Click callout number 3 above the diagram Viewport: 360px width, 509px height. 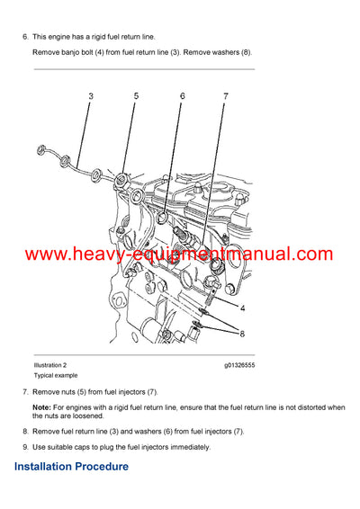coord(91,95)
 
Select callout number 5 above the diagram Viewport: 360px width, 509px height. coord(136,95)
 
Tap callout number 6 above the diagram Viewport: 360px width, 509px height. coord(182,95)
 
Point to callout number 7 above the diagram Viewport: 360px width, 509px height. coord(226,95)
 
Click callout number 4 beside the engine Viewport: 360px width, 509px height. coord(242,308)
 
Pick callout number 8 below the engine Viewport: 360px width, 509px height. coord(242,334)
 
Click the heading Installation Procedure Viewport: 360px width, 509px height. coord(71,467)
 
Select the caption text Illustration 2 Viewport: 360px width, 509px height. coord(50,365)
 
